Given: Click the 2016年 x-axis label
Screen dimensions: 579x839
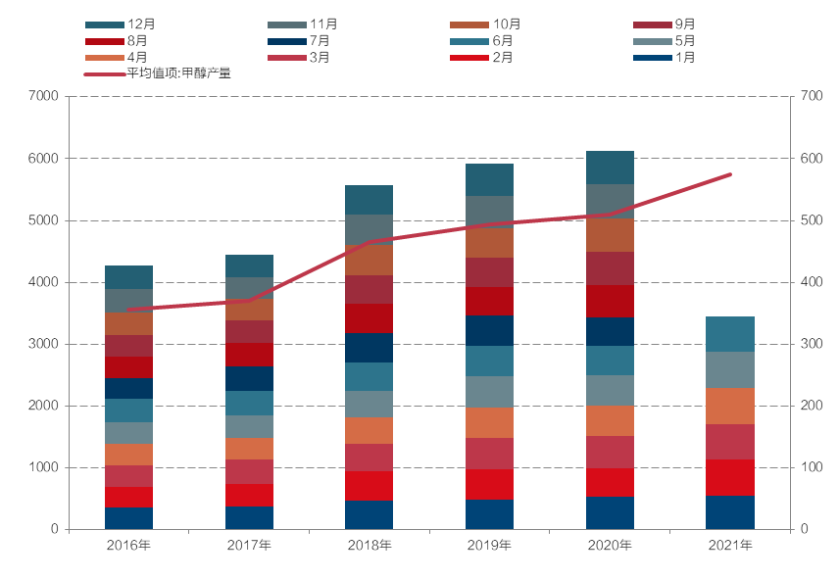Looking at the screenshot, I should click(128, 545).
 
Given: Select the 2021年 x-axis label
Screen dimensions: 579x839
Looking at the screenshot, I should click(730, 545).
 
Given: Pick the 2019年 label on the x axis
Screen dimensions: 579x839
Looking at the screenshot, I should click(489, 545).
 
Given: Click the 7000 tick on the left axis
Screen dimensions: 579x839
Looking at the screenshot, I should click(45, 96).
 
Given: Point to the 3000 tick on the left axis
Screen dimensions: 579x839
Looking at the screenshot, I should click(45, 344).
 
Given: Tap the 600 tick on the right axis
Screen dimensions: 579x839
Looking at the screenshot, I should click(811, 158).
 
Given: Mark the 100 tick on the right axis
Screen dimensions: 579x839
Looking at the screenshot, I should click(811, 467).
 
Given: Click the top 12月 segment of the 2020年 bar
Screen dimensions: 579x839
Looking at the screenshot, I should click(610, 168).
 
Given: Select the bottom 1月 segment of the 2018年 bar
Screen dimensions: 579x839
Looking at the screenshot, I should click(370, 515).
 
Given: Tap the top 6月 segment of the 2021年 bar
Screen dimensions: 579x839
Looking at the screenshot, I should click(730, 334).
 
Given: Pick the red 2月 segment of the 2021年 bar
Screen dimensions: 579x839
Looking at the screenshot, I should click(730, 477).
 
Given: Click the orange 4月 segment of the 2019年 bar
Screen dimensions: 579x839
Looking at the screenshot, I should click(489, 422).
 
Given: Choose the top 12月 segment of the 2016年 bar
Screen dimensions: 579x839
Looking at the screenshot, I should click(128, 277).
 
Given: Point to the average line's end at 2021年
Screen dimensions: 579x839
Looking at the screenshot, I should click(730, 174).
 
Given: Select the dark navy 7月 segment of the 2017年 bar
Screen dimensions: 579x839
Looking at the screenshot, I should click(249, 378).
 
